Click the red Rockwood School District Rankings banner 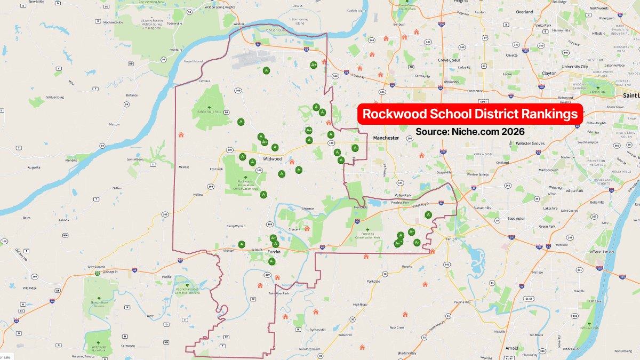(x=469, y=114)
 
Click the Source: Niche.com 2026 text (x=470, y=131)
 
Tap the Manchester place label (x=386, y=138)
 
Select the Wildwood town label (x=272, y=159)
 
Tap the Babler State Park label (x=209, y=112)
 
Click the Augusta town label (x=34, y=167)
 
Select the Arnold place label (x=511, y=348)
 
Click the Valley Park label (x=404, y=196)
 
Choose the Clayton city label (x=549, y=73)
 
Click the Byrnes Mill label (x=317, y=330)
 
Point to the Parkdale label (x=373, y=281)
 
